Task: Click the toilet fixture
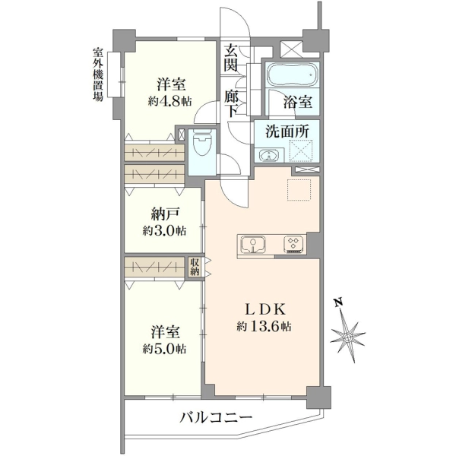(202, 142)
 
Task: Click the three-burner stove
(294, 244)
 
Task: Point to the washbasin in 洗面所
(269, 155)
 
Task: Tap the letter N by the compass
(337, 302)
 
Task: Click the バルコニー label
(216, 418)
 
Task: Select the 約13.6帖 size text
(264, 326)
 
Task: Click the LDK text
(264, 310)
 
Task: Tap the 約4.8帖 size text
(169, 101)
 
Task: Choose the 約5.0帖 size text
(164, 348)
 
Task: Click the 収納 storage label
(195, 267)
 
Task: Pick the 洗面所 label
(287, 131)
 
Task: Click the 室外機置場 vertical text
(98, 74)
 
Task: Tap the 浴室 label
(298, 102)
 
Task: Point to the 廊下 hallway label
(231, 103)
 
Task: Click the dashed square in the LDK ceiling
(299, 190)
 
